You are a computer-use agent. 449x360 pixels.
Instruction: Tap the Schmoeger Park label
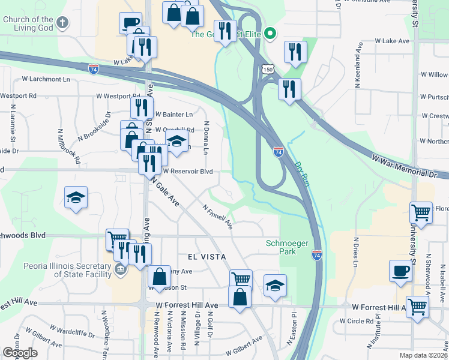click(x=282, y=247)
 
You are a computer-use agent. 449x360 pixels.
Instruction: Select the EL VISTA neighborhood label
click(x=206, y=256)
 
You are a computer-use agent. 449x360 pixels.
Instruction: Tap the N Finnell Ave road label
click(x=218, y=217)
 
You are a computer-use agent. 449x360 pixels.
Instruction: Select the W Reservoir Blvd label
click(x=184, y=171)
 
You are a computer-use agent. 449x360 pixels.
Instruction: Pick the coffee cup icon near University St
click(x=401, y=271)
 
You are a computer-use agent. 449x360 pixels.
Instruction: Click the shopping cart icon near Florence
click(x=421, y=212)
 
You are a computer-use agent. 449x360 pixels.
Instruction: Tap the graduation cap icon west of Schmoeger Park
click(x=275, y=285)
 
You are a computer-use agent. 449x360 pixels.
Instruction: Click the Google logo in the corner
click(x=20, y=353)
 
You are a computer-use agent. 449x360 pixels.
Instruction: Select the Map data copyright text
click(x=424, y=355)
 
